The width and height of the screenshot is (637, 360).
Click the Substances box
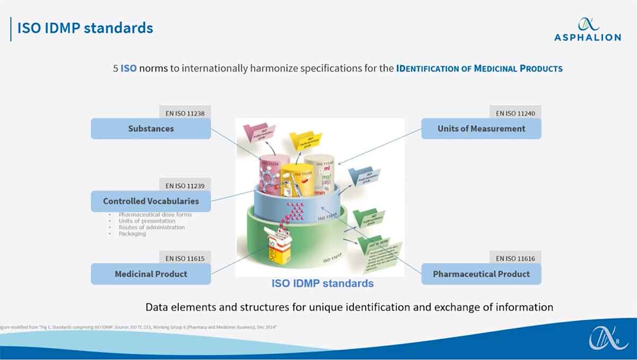point(151,128)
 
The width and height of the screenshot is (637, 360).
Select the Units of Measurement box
point(481,128)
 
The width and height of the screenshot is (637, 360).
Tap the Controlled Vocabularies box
point(151,201)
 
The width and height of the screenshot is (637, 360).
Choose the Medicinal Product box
point(151,274)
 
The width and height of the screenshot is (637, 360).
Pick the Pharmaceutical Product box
point(481,274)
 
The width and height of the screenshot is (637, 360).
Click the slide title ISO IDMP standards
point(85,28)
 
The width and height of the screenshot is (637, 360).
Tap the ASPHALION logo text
point(587,37)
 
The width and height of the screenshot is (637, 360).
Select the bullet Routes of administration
point(152,227)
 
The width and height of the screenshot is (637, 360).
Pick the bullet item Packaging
point(132,234)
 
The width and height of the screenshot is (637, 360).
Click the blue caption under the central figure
point(322,284)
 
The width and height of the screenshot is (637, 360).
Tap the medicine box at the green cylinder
point(279,248)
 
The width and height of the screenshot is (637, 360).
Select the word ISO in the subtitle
point(128,68)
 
